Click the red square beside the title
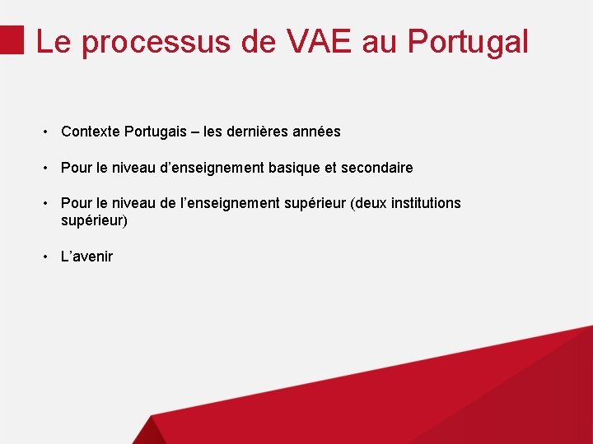[x=12, y=39]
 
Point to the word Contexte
[x=90, y=132]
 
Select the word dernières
[x=256, y=132]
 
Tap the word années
[x=315, y=132]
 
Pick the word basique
[x=294, y=168]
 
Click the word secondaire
[x=376, y=168]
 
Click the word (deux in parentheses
[x=368, y=203]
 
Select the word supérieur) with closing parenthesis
[x=94, y=220]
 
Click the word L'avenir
[x=86, y=257]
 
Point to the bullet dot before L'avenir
[x=48, y=257]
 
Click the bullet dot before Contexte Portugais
[x=48, y=132]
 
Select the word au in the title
[x=379, y=41]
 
